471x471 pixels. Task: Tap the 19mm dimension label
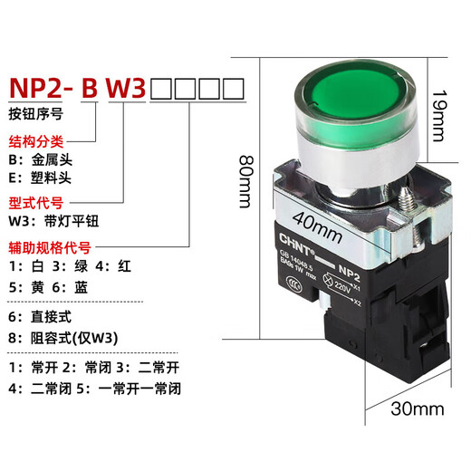pyautogui.click(x=437, y=113)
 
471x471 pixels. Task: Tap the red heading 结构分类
pyautogui.click(x=37, y=142)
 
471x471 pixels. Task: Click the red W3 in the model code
pyautogui.click(x=128, y=88)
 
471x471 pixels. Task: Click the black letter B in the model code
pyautogui.click(x=89, y=88)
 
